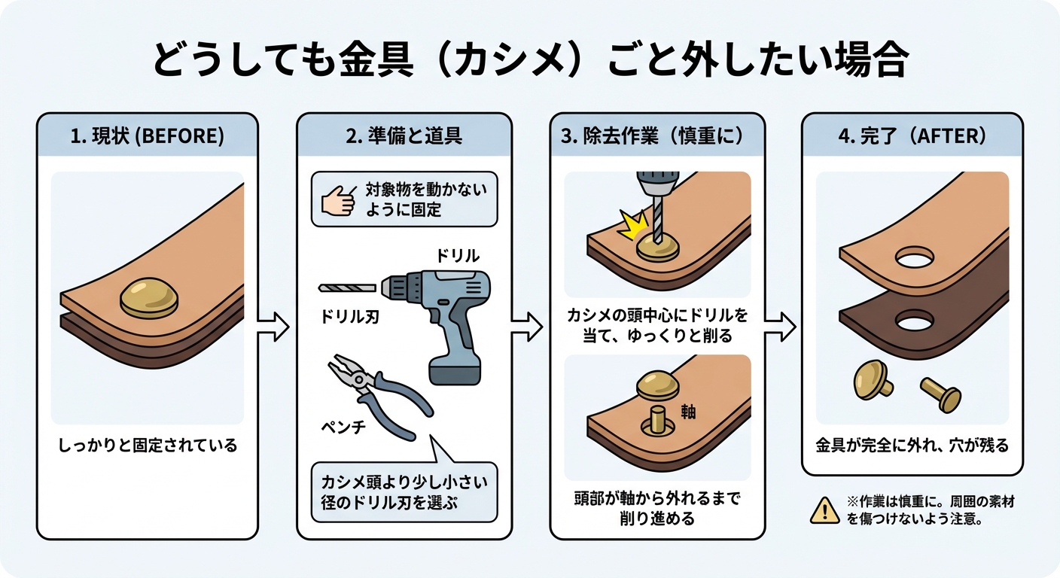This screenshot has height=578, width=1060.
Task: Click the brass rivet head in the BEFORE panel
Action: click(148, 296)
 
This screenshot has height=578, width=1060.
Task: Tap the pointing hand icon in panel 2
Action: click(336, 201)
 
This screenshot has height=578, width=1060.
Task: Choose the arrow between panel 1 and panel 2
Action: click(273, 326)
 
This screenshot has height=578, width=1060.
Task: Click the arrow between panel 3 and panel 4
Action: click(781, 326)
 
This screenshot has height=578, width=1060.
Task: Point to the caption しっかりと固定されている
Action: click(148, 445)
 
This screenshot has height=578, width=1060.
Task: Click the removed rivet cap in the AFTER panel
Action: click(873, 377)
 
